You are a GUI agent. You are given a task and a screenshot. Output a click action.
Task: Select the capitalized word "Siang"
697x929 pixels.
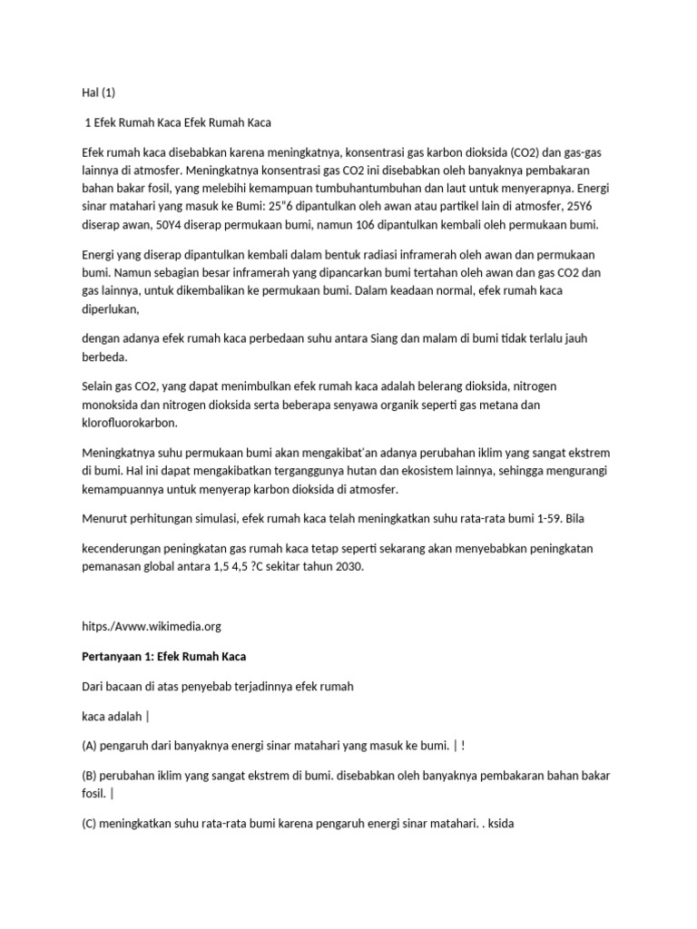(390, 339)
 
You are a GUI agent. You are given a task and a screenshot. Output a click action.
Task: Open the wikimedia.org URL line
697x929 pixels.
(151, 626)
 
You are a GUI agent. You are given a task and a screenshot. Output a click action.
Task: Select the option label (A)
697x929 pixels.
(91, 746)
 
